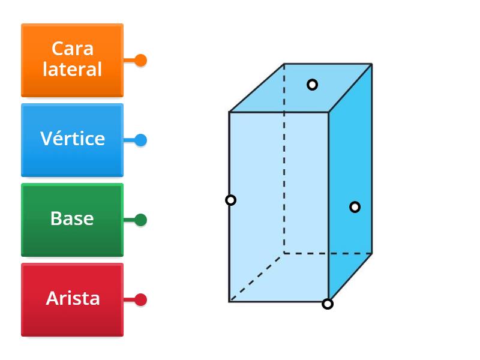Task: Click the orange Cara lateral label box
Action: click(x=72, y=60)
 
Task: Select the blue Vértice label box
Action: click(x=72, y=140)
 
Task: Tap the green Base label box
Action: click(x=72, y=220)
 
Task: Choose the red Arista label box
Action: click(x=72, y=299)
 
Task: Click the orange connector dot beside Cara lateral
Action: click(x=140, y=61)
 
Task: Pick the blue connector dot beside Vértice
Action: click(x=140, y=140)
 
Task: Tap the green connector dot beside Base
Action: click(x=140, y=220)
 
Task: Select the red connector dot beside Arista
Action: click(x=140, y=299)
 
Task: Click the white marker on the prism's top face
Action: click(x=312, y=85)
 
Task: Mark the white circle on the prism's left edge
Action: click(x=230, y=200)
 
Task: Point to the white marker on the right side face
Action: click(x=355, y=207)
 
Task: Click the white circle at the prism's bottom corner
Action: click(x=328, y=304)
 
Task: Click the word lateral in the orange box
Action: click(x=72, y=70)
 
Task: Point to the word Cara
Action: click(x=72, y=49)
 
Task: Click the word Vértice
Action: click(x=72, y=139)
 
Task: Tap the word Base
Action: click(x=72, y=218)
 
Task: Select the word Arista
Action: click(x=73, y=298)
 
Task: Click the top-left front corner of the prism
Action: click(x=229, y=112)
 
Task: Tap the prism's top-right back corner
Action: click(x=371, y=64)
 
